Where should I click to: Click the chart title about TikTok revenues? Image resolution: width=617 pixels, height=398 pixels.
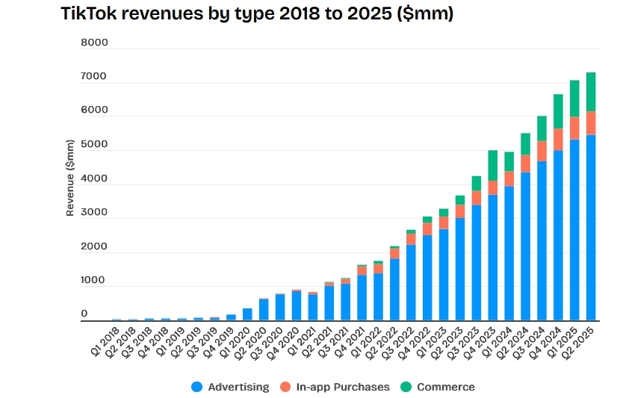(257, 14)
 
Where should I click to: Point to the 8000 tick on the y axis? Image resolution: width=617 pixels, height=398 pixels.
(95, 43)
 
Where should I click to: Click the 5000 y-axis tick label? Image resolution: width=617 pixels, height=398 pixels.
(95, 145)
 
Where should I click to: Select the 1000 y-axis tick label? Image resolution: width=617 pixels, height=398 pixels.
(95, 280)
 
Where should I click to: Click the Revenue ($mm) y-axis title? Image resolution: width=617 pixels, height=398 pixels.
(70, 178)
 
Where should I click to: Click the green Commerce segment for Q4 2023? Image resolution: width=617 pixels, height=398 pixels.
(493, 165)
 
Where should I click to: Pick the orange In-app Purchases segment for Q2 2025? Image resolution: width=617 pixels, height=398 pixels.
(591, 122)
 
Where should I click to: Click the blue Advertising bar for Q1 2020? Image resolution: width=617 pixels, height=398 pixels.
(247, 314)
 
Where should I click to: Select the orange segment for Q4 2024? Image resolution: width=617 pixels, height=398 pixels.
(558, 139)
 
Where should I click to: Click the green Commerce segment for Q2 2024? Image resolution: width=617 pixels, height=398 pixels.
(525, 143)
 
